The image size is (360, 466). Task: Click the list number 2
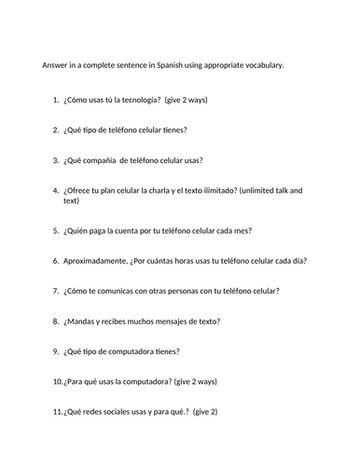click(56, 130)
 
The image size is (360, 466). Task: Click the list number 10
click(56, 382)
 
